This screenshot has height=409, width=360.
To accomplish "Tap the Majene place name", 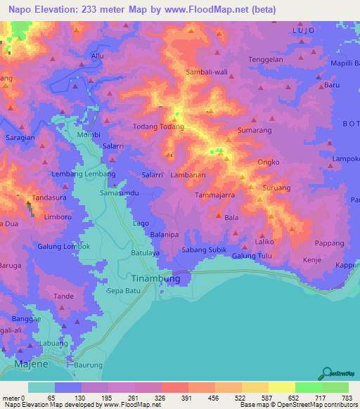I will coord(29,365).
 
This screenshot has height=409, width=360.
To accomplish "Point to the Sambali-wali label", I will coord(204,72).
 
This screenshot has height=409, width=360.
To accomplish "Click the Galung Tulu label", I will coord(252,256).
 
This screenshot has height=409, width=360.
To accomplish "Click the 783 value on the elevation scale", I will coord(346,398).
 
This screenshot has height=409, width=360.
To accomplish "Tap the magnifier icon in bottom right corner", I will coord(326,373).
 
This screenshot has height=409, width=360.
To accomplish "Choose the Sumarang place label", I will coord(255,131).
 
